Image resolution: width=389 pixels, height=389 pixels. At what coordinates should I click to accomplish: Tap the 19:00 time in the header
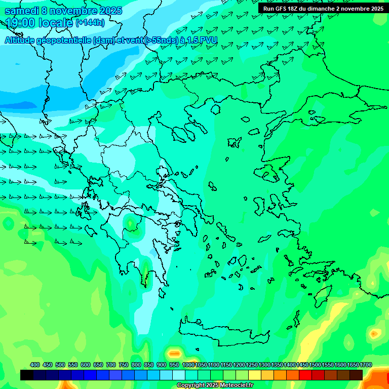pyautogui.click(x=22, y=23)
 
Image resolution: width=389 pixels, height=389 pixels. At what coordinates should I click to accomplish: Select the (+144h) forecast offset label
pyautogui.click(x=90, y=23)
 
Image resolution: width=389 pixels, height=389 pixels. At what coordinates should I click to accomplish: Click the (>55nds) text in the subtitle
pyautogui.click(x=160, y=40)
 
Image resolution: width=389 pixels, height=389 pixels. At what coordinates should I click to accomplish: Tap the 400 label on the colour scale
pyautogui.click(x=35, y=365)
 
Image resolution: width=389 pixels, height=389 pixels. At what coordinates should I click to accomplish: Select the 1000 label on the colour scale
pyautogui.click(x=188, y=365)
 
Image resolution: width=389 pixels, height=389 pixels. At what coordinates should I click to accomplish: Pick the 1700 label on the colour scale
pyautogui.click(x=366, y=365)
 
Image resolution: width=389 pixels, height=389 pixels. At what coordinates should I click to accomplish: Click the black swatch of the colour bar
pyautogui.click(x=27, y=375)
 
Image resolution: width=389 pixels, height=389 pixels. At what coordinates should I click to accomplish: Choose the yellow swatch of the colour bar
pyautogui.click(x=255, y=375)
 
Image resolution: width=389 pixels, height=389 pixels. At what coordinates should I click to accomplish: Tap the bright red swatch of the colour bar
pyautogui.click(x=305, y=375)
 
